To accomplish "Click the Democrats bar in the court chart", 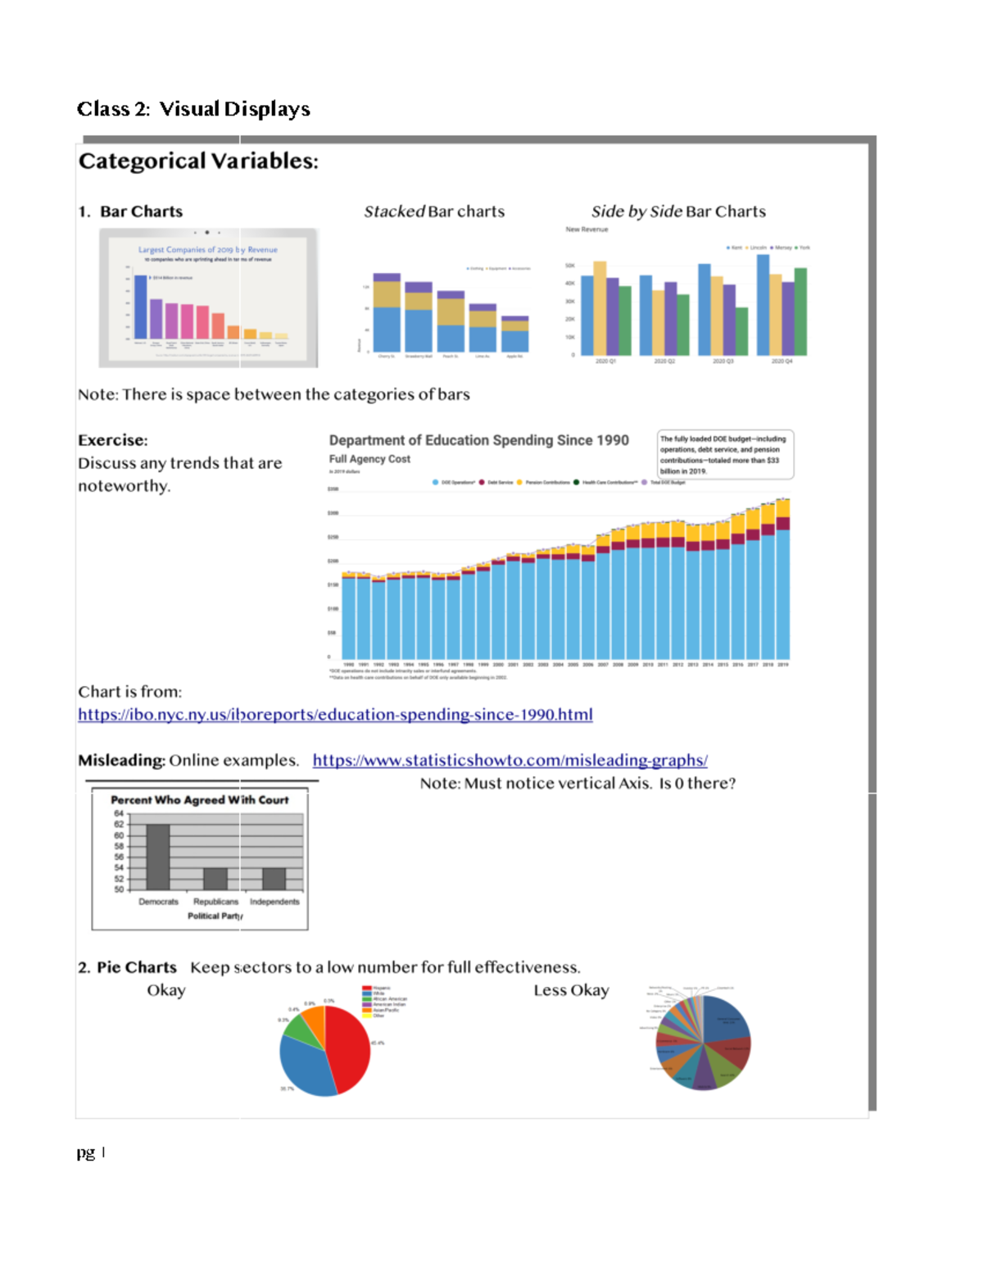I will click(158, 857).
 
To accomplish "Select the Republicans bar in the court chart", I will click(215, 879).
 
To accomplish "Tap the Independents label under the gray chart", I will click(274, 902).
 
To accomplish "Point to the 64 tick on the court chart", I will click(119, 813).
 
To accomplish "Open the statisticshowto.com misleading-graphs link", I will click(510, 761).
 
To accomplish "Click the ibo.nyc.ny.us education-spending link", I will click(335, 715).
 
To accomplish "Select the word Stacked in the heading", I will click(394, 211).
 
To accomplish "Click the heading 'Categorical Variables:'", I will click(198, 161).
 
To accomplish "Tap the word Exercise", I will click(112, 440).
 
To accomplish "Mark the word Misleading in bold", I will click(121, 761).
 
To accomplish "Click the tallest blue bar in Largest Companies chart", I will click(141, 307).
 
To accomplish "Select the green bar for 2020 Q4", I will click(800, 311).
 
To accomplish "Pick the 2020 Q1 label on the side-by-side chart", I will click(605, 361).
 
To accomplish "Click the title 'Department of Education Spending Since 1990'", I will click(478, 440).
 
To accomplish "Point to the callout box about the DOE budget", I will click(724, 454).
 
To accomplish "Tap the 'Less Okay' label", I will click(571, 990).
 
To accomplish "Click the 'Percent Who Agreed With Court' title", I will click(199, 800).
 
